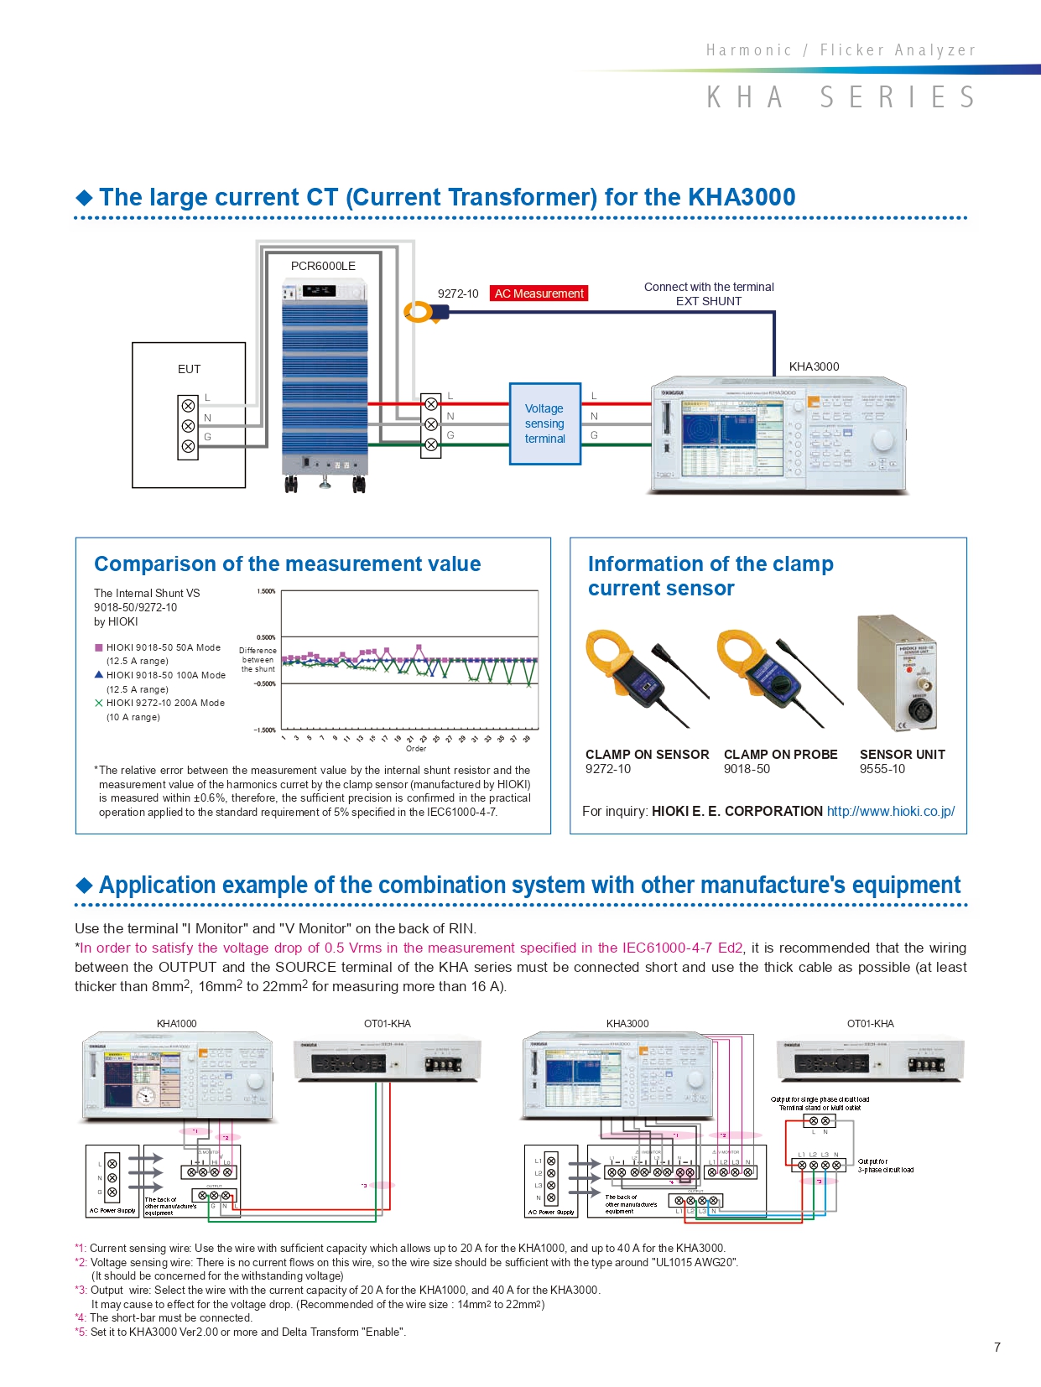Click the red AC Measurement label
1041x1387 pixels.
point(539,294)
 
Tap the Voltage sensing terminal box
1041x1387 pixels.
point(545,423)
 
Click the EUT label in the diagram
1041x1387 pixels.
point(189,369)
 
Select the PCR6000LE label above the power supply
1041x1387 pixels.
point(323,266)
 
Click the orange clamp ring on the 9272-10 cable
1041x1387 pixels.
point(418,312)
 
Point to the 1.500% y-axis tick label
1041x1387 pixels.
point(266,591)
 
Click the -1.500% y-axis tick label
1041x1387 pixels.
point(265,730)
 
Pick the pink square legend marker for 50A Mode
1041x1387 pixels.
point(99,647)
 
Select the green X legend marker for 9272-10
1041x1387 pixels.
point(99,703)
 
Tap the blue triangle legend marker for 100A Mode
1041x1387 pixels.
point(99,674)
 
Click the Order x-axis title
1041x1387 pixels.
point(416,749)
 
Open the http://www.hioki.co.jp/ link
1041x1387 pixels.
point(890,811)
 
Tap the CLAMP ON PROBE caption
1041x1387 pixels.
point(780,755)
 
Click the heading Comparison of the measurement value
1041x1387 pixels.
point(287,564)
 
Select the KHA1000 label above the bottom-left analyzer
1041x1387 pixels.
point(176,1024)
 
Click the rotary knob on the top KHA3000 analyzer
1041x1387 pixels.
point(882,440)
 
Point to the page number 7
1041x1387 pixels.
point(997,1348)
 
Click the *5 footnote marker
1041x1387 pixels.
point(81,1332)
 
